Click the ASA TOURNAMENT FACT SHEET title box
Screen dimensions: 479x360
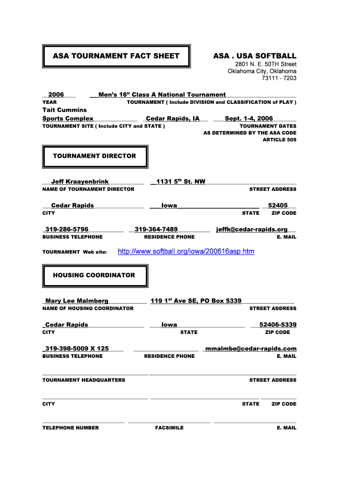click(116, 56)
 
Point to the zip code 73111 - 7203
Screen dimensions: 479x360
click(279, 78)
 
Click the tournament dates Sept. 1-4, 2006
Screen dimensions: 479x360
click(249, 118)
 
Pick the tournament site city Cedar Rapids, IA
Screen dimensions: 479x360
click(173, 118)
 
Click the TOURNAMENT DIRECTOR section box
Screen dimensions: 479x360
click(95, 156)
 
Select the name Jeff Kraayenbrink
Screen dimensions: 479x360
click(80, 181)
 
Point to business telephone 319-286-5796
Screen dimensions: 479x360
click(67, 229)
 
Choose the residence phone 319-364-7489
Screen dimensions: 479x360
click(156, 229)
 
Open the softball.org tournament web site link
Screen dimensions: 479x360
click(186, 252)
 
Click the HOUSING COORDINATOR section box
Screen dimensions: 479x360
click(95, 276)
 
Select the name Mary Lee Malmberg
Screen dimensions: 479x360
click(77, 301)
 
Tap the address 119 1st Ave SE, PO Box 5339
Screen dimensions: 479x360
click(196, 301)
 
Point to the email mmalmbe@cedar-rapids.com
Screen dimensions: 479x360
click(251, 348)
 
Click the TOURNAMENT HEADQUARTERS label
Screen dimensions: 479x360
click(84, 380)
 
